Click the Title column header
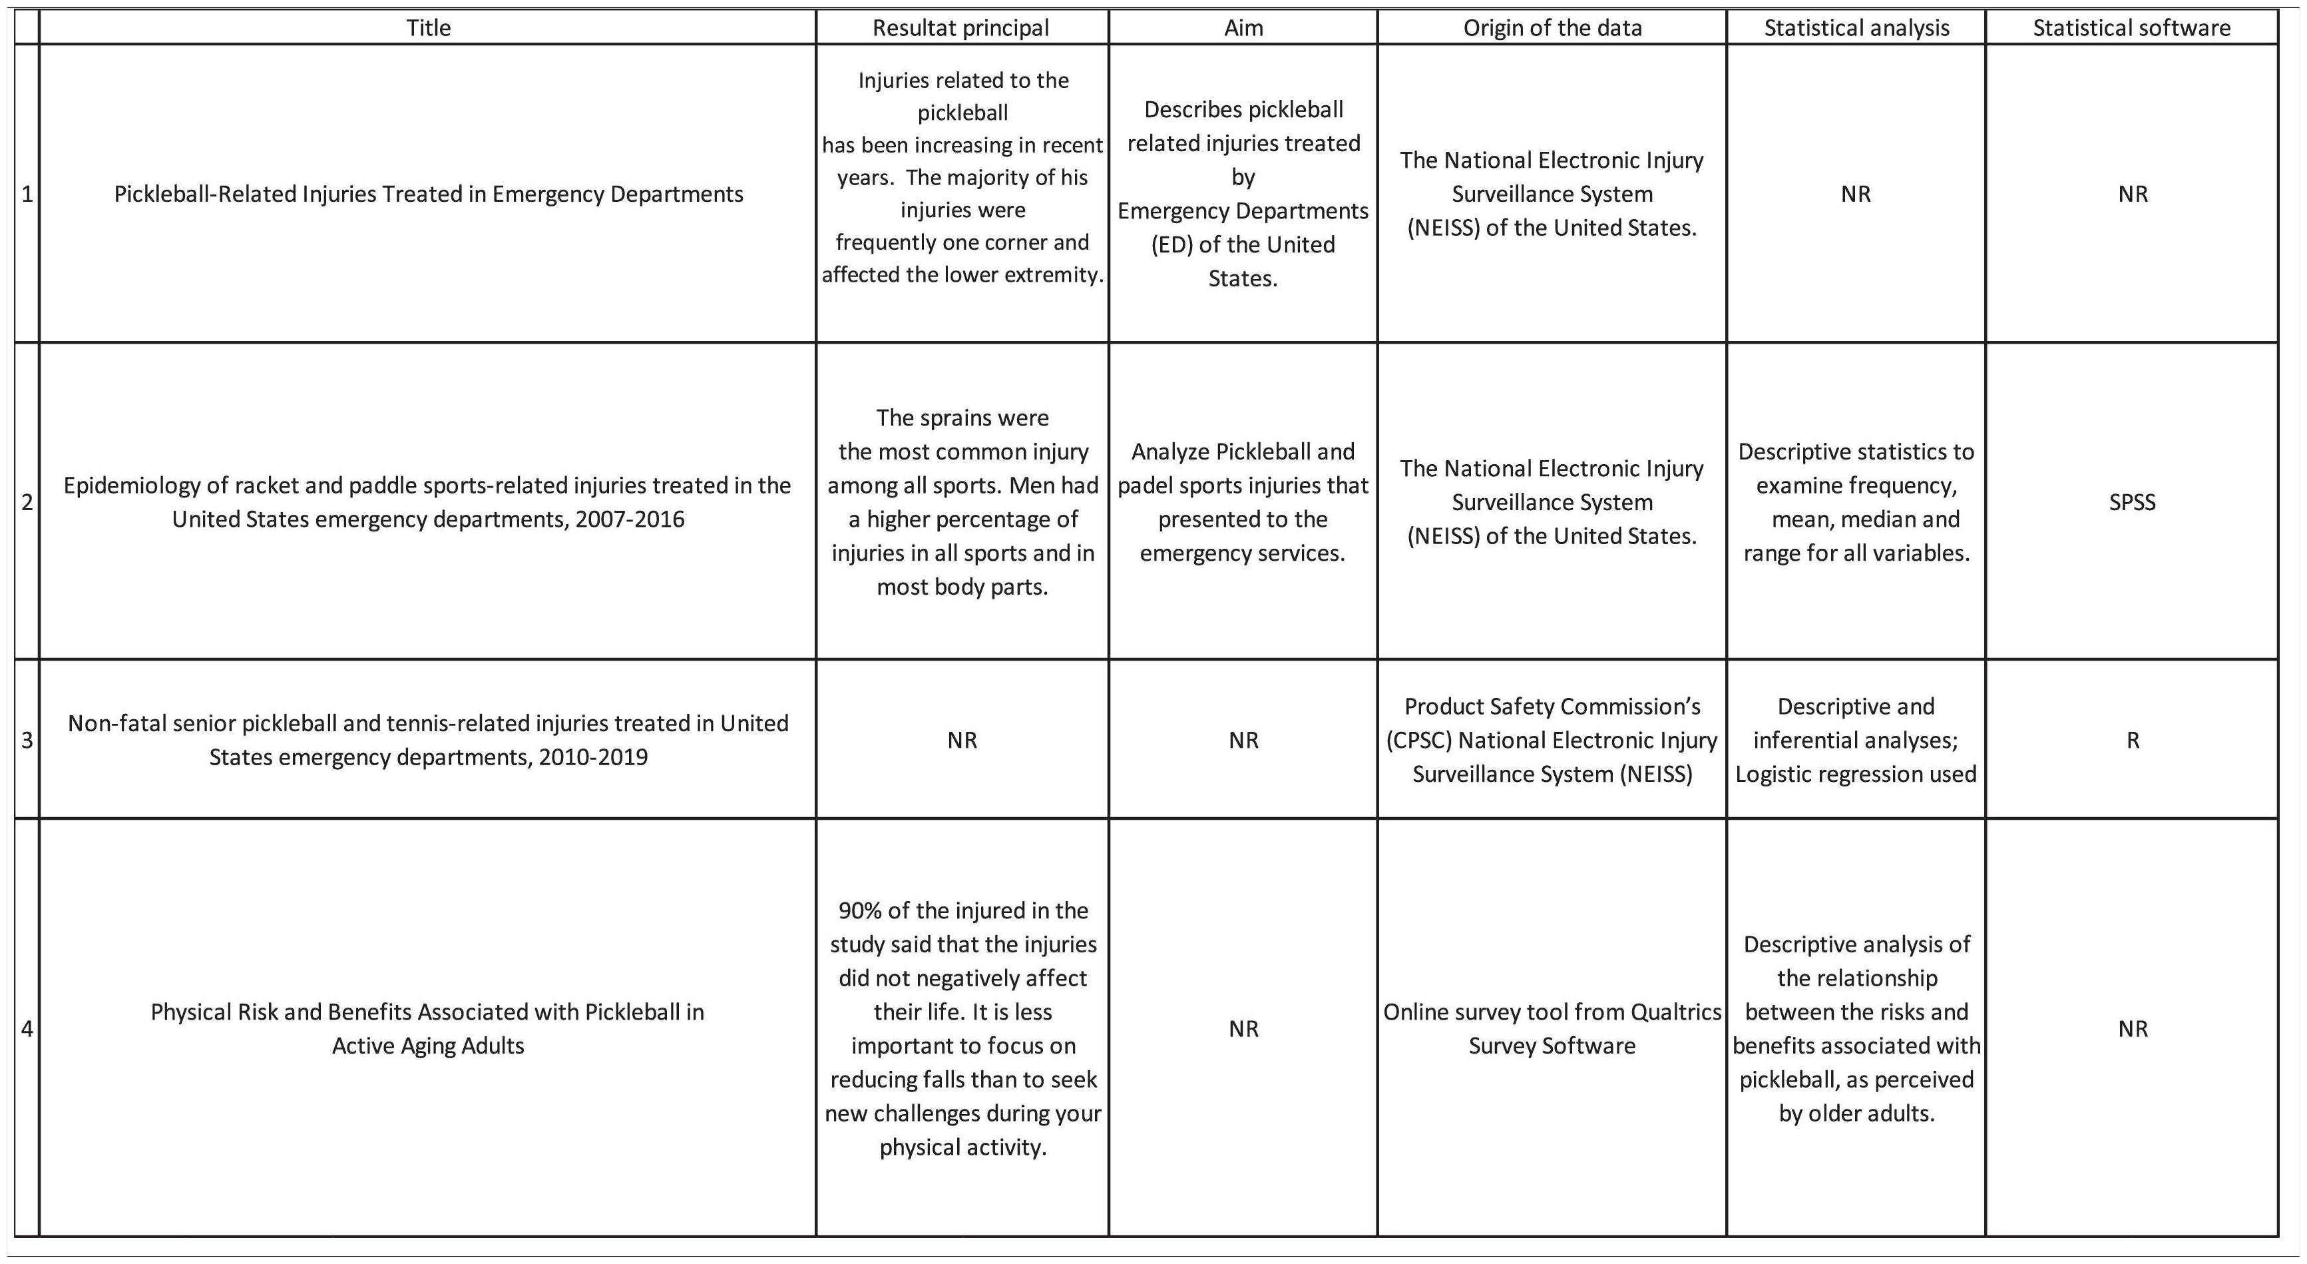(428, 28)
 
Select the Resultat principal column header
(961, 28)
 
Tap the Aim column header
(1243, 28)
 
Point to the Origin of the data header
(1552, 28)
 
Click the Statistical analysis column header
(1856, 28)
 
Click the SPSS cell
(2133, 501)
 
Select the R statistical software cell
(2133, 740)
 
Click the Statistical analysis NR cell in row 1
(1856, 194)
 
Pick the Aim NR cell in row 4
(1243, 1028)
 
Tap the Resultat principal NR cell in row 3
(962, 740)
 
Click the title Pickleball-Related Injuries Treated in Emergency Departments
(428, 194)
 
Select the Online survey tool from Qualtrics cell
(1552, 1028)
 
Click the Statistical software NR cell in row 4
(2133, 1028)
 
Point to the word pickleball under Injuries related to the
(962, 113)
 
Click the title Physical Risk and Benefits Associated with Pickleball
(428, 1028)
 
